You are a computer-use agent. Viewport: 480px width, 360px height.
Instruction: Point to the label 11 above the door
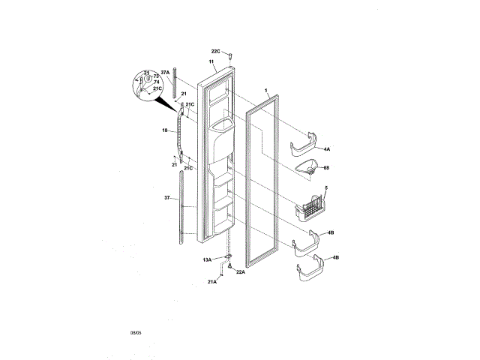[x=211, y=60]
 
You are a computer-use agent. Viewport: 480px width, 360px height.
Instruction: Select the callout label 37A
[x=165, y=73]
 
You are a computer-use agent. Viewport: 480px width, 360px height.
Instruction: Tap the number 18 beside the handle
[x=164, y=130]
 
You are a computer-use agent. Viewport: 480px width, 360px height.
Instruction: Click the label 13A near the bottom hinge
[x=207, y=259]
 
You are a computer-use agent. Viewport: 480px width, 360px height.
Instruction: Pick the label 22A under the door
[x=241, y=272]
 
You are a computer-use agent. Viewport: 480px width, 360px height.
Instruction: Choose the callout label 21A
[x=212, y=282]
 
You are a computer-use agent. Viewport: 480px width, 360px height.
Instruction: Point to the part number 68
[x=327, y=169]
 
